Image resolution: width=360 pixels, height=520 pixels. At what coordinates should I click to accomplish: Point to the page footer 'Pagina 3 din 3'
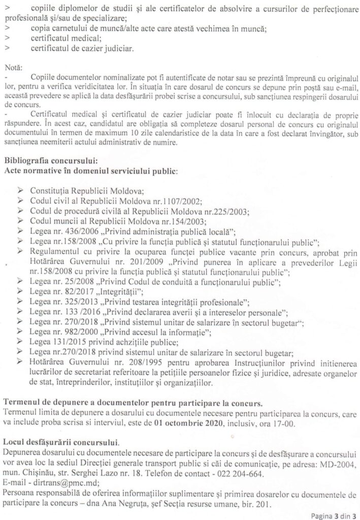(332, 514)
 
